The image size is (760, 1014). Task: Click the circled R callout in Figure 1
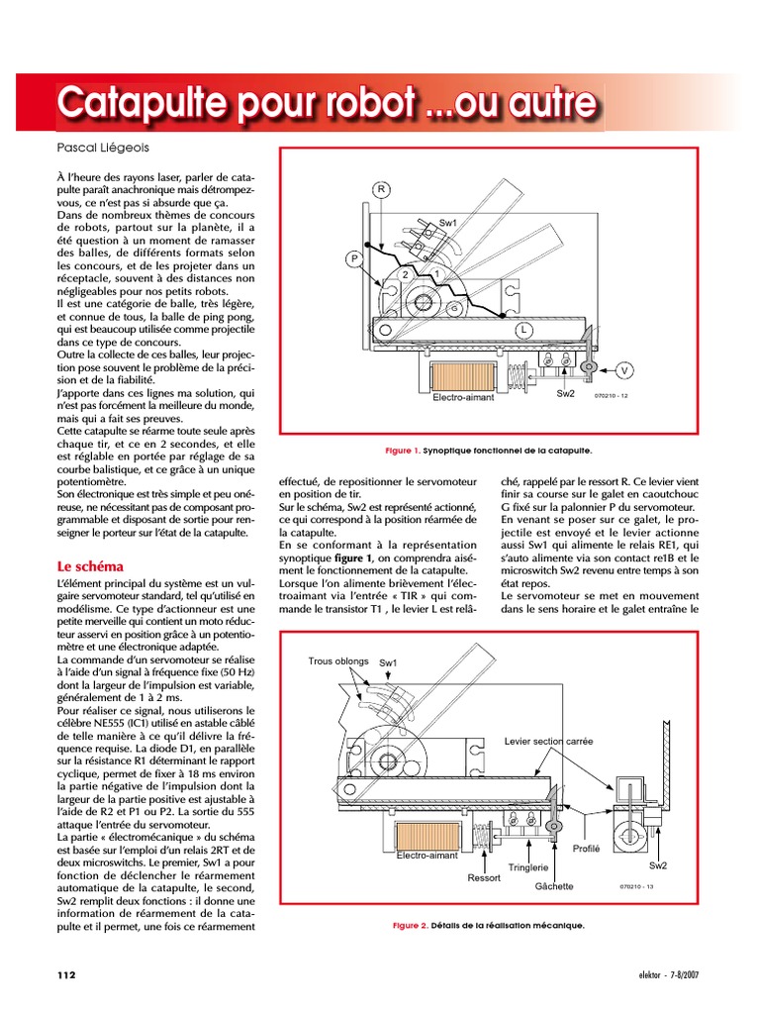point(381,189)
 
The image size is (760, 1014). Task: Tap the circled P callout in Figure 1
point(353,258)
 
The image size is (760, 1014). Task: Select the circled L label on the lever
point(522,329)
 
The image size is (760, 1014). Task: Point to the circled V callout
point(623,370)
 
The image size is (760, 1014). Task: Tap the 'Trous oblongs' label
point(338,660)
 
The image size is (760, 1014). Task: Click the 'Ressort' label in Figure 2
point(484,877)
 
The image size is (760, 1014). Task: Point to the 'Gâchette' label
point(554,886)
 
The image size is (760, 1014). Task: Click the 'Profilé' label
point(587,849)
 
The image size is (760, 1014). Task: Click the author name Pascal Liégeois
point(104,147)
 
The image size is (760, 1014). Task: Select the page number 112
point(65,974)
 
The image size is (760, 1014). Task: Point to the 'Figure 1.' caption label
point(403,451)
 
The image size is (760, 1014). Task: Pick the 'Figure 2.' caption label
point(410,926)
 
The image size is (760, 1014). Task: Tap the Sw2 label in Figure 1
point(566,393)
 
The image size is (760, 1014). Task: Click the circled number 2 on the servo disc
point(405,273)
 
